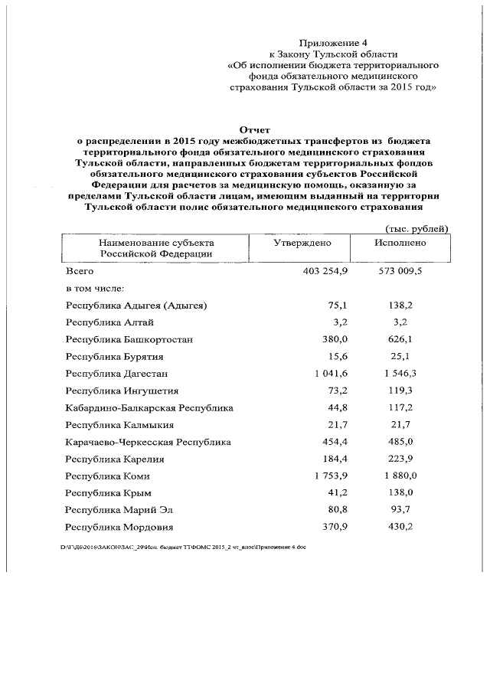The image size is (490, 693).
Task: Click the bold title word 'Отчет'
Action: [256, 130]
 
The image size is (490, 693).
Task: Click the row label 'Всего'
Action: [80, 271]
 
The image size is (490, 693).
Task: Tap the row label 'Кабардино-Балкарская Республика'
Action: [149, 408]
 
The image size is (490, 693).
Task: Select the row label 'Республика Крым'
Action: [108, 493]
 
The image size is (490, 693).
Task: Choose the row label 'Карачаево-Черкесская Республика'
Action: [149, 443]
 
